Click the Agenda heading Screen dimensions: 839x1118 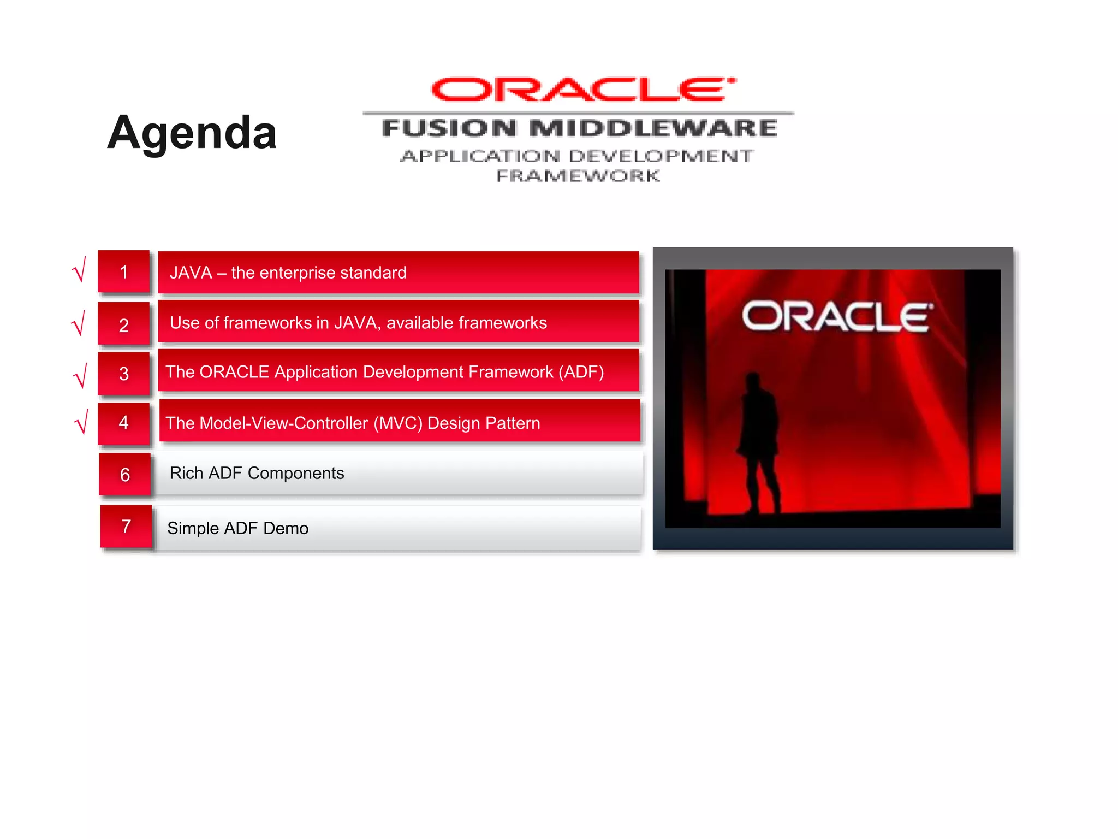click(192, 133)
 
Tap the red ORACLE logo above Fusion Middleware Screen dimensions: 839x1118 click(583, 90)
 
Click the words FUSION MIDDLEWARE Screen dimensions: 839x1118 click(579, 128)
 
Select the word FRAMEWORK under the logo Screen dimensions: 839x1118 click(578, 176)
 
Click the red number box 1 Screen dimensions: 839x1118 click(124, 272)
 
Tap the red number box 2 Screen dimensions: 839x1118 click(124, 324)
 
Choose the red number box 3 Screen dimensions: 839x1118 click(124, 374)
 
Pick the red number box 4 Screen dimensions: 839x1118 click(124, 422)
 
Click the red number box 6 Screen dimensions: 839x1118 click(125, 474)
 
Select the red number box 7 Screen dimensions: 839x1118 click(126, 526)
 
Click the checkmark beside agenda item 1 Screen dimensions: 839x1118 click(80, 270)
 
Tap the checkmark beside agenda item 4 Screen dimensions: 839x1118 click(81, 422)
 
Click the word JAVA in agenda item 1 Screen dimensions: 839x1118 click(191, 273)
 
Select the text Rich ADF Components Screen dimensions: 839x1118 click(257, 473)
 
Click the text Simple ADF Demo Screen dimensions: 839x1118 click(237, 528)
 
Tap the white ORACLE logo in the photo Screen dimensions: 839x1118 click(837, 316)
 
